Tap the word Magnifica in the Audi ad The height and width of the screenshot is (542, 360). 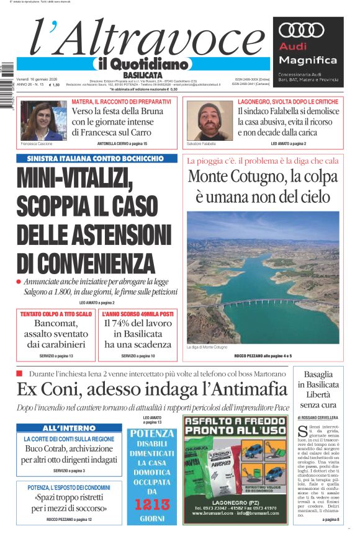click(308, 60)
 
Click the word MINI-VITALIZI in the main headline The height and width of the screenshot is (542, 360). click(74, 179)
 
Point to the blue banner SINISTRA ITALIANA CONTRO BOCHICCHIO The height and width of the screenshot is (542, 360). click(91, 158)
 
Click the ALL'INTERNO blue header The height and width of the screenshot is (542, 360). click(70, 429)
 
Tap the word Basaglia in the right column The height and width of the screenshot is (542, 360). click(318, 374)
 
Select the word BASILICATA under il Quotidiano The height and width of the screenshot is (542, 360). click(142, 75)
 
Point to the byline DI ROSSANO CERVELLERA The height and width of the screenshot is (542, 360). click(318, 417)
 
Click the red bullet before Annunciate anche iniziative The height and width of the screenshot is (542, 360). click(20, 282)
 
